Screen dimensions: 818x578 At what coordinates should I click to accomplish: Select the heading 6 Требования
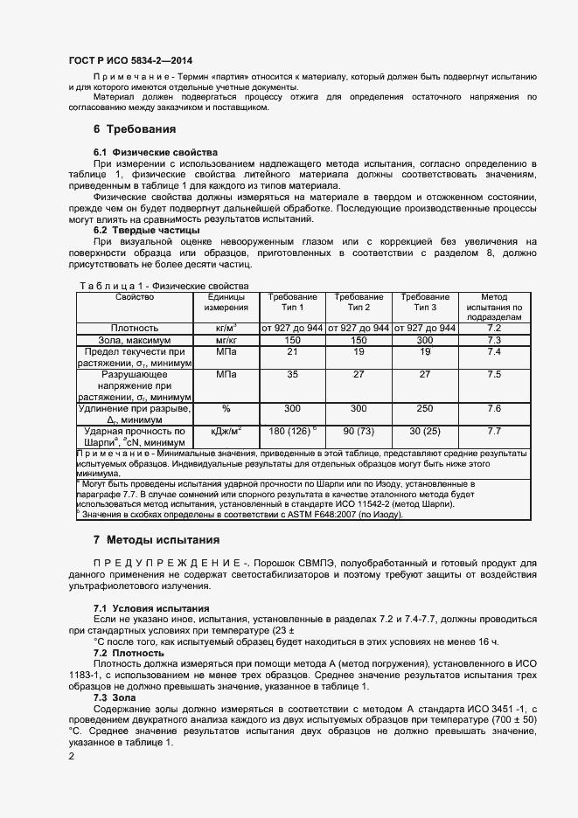pos(135,129)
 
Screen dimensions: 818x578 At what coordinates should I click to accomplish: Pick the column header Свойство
pos(134,297)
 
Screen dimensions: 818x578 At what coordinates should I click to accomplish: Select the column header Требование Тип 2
pos(359,302)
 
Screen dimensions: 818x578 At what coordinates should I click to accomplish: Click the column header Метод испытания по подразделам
pos(494,308)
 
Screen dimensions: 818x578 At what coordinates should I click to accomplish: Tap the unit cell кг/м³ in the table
pos(226,328)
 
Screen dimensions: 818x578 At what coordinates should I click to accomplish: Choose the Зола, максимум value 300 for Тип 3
pos(425,340)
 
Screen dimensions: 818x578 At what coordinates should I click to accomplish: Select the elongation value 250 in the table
pos(425,408)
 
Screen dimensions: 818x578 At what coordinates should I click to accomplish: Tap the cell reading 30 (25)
pos(425,431)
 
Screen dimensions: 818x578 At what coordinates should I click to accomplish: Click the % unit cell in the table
pos(226,408)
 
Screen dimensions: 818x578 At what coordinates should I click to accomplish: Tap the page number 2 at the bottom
pos(72,757)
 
